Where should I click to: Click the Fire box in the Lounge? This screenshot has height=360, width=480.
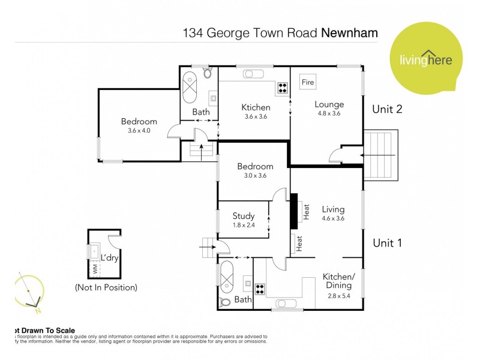coord(308,82)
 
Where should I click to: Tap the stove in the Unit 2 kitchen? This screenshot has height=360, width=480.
coord(282,88)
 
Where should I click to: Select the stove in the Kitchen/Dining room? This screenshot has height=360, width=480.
coord(260,288)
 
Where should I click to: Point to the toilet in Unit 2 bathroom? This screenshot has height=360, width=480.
coord(208,73)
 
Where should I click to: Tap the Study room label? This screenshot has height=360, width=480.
coord(244,216)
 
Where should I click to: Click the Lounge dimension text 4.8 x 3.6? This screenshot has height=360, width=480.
coord(329,113)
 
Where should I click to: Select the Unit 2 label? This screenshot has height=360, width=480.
coord(387,109)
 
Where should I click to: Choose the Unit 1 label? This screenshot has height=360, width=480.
coord(387,243)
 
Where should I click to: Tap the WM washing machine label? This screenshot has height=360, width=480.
coord(95,268)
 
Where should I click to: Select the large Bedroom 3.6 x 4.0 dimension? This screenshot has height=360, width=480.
coord(139,130)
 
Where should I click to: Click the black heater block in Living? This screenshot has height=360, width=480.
coord(295,211)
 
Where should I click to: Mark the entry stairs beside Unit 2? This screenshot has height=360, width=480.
coord(382,154)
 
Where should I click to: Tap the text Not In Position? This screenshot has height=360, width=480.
coord(106,287)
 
